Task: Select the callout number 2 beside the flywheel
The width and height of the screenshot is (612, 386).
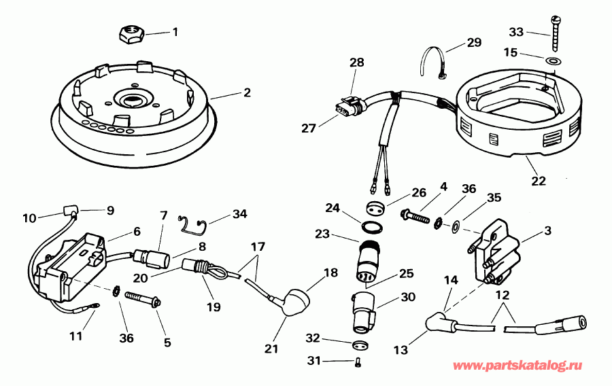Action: pyautogui.click(x=247, y=92)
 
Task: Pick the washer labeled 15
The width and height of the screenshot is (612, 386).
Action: pyautogui.click(x=554, y=62)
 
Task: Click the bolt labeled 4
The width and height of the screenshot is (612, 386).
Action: pyautogui.click(x=415, y=217)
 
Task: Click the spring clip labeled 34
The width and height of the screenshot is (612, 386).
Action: pyautogui.click(x=193, y=222)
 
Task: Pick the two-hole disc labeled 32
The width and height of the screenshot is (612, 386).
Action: pyautogui.click(x=360, y=345)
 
